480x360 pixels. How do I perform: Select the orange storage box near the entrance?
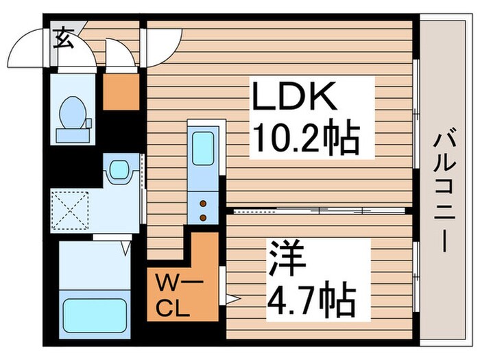point(121,91)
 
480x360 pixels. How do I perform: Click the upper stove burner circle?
point(203,203)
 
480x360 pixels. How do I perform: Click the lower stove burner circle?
point(203,217)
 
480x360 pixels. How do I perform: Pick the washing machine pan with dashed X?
point(69,211)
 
